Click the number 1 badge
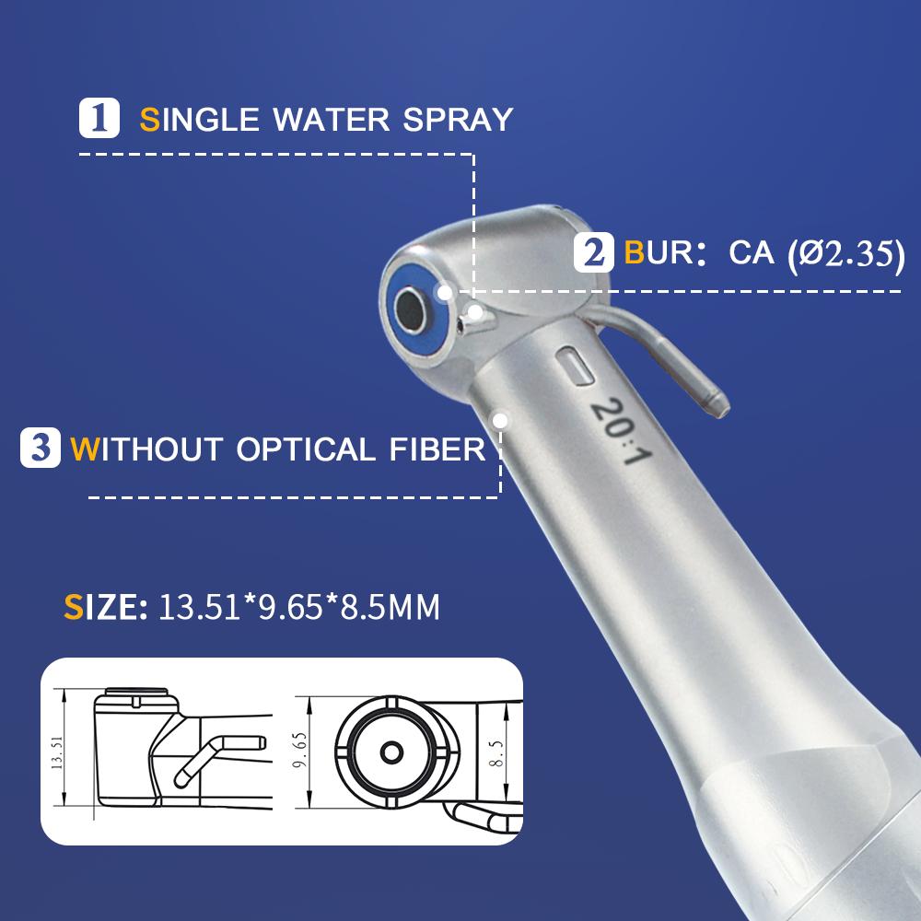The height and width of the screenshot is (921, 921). coord(101,119)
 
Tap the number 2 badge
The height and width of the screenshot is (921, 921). coord(593,252)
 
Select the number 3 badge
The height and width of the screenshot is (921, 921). coord(41,449)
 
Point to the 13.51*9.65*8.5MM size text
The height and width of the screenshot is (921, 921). coord(299,608)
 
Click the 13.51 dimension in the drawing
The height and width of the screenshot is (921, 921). coord(57,751)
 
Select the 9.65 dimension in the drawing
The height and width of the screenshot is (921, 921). coord(297,752)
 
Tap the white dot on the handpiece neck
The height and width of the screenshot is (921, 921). coord(502,421)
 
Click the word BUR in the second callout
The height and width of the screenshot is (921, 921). coord(659,252)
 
